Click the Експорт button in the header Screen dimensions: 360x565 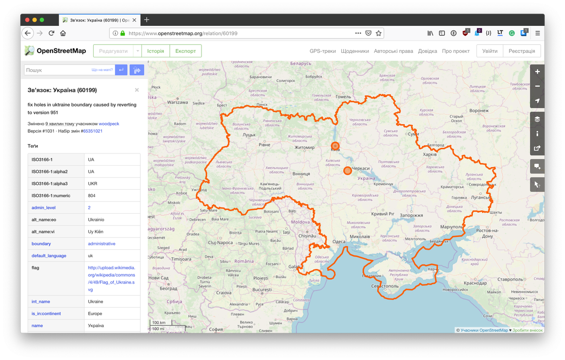186,51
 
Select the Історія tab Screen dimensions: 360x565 155,51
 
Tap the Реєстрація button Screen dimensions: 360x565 522,51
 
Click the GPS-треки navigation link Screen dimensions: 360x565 323,51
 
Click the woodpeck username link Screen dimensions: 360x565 109,124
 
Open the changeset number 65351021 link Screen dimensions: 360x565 93,131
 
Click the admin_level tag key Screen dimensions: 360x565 43,208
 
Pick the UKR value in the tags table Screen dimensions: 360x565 91,184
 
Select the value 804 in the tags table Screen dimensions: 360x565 92,195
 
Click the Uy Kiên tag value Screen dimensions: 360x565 96,232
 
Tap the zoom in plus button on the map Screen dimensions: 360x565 537,72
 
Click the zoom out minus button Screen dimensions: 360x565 537,86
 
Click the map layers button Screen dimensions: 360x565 537,119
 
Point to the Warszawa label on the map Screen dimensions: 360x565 177,102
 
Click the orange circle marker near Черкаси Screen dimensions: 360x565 347,170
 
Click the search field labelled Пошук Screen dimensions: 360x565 56,70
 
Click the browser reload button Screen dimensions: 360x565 51,33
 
